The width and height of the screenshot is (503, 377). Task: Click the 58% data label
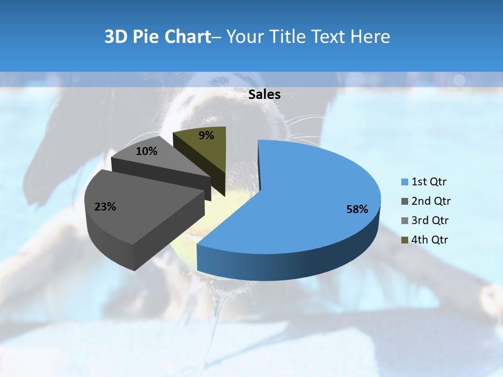coord(357,209)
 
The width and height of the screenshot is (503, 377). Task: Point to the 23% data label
coord(105,207)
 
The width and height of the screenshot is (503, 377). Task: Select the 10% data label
coord(146,151)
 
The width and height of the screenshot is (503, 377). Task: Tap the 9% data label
coord(206,136)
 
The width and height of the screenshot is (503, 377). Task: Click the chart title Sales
coord(264,95)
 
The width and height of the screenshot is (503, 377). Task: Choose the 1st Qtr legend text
coord(429,182)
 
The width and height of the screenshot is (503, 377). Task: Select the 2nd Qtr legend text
coord(431,201)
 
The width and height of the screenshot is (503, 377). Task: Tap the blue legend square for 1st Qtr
coord(404,182)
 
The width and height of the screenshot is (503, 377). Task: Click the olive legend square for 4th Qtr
coord(404,240)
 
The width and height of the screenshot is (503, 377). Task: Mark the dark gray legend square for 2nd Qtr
coord(404,201)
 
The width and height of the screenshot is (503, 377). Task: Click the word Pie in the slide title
coord(147,37)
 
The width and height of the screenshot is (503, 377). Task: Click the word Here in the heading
coord(371,37)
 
